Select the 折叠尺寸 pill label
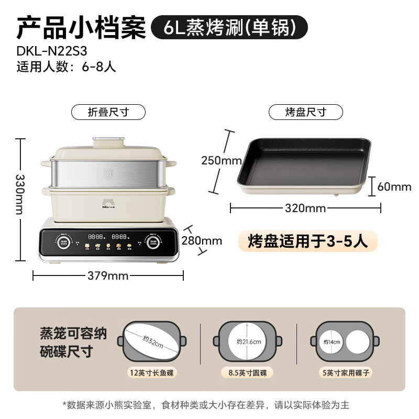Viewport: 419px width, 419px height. pos(108,112)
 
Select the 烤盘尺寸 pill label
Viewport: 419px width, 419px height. pos(306,112)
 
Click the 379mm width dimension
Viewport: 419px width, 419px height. pos(108,275)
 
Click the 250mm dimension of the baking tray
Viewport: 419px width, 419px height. pos(221,160)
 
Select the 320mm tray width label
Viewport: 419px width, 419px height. pos(305,208)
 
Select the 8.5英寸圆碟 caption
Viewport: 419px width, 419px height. pos(249,373)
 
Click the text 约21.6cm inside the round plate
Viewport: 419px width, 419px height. pos(248,341)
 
